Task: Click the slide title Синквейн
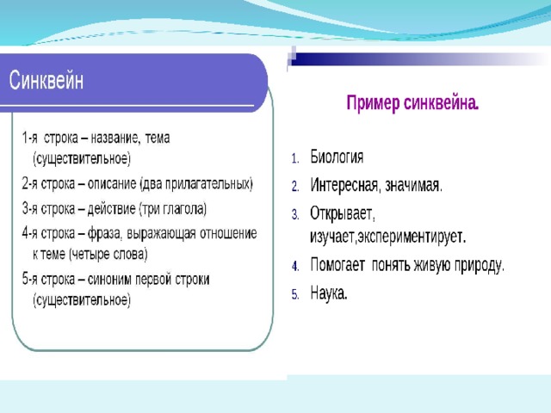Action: (46, 80)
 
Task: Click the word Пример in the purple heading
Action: (373, 103)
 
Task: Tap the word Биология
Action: (337, 157)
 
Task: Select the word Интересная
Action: (344, 185)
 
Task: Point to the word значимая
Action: (413, 186)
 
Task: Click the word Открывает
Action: (342, 214)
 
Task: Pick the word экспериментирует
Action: (412, 237)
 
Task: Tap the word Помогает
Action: (337, 265)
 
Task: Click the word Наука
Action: (329, 293)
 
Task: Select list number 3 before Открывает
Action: (295, 214)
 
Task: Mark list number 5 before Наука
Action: (295, 294)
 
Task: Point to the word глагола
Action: (184, 209)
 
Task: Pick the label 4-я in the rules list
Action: (30, 233)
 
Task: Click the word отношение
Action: (228, 233)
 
